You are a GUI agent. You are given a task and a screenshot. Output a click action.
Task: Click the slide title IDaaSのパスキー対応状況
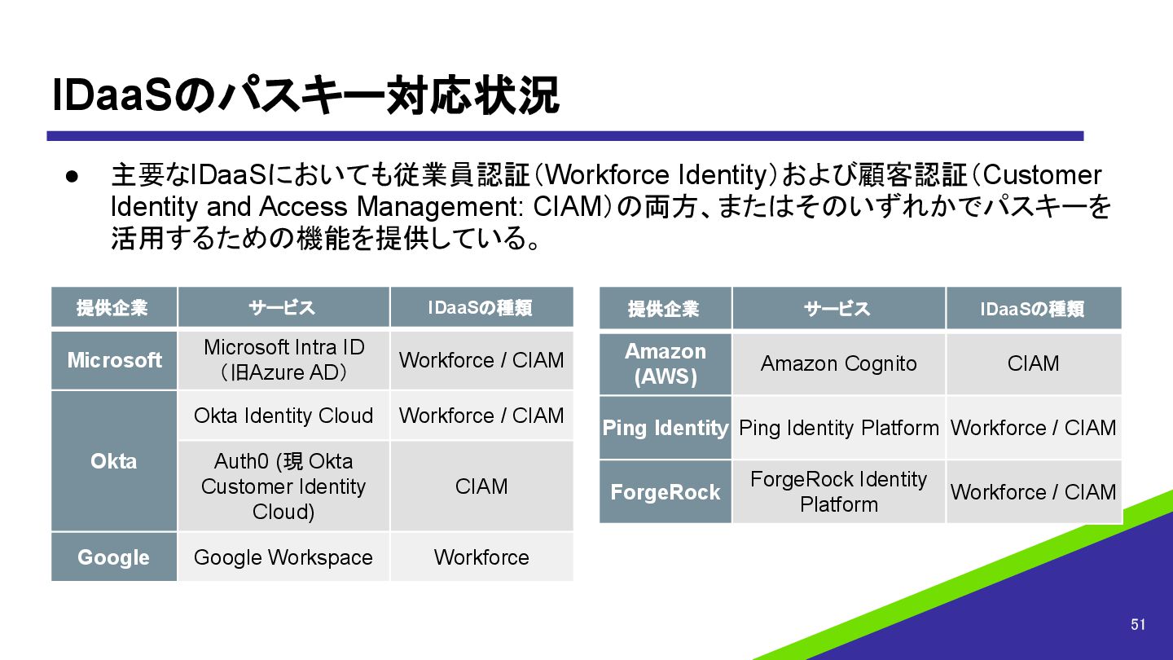305,96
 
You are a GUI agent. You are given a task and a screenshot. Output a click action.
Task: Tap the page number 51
1138,625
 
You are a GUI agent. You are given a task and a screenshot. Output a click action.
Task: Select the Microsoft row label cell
114,360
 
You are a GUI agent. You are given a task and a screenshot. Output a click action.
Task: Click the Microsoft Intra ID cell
283,360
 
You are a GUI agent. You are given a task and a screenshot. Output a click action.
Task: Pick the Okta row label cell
114,461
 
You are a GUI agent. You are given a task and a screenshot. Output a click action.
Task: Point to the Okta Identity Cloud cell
283,416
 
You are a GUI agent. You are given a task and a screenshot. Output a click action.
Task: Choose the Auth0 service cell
283,486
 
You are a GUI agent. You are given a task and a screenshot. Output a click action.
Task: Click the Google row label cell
114,557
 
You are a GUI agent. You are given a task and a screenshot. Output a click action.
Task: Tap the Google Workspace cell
283,557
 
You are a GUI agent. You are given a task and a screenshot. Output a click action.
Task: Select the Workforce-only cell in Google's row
481,557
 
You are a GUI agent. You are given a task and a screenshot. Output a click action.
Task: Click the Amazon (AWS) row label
666,364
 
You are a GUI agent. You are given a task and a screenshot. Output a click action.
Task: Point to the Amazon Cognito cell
838,364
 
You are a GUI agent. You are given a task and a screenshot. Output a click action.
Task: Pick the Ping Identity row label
666,428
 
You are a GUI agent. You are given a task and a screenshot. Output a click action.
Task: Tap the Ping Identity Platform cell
838,428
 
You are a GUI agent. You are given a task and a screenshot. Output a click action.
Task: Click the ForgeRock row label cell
666,492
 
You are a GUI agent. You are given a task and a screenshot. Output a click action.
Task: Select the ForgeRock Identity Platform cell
838,492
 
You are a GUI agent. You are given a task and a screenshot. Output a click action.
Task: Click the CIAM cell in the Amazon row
1033,364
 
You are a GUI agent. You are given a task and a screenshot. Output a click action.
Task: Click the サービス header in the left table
283,308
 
